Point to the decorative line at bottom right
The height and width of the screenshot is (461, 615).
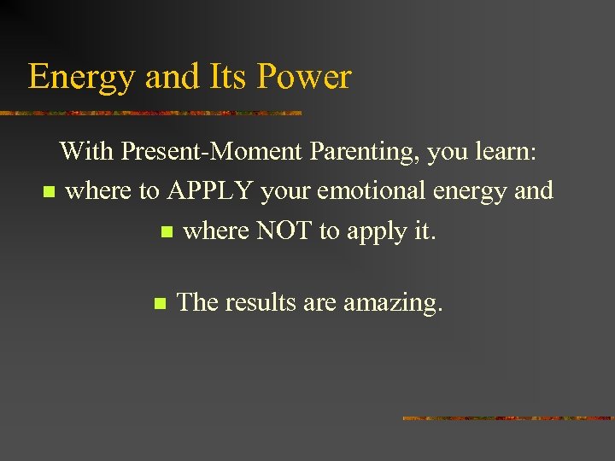[x=507, y=418]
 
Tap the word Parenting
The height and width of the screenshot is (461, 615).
[x=365, y=151]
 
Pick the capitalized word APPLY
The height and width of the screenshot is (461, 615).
[x=210, y=190]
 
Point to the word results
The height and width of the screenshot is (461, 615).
[x=261, y=301]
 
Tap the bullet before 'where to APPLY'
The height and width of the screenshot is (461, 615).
[x=48, y=191]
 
